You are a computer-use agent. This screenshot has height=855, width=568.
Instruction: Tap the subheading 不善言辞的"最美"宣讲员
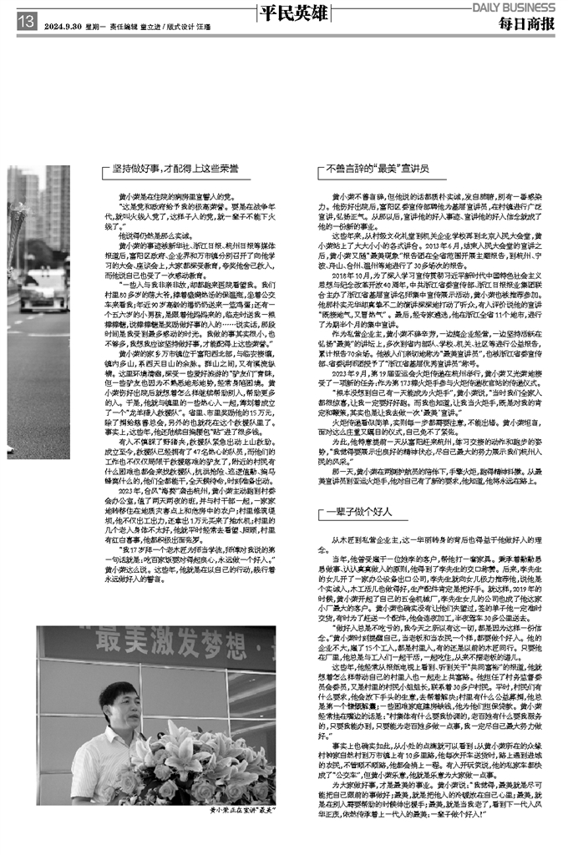[379, 168]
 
